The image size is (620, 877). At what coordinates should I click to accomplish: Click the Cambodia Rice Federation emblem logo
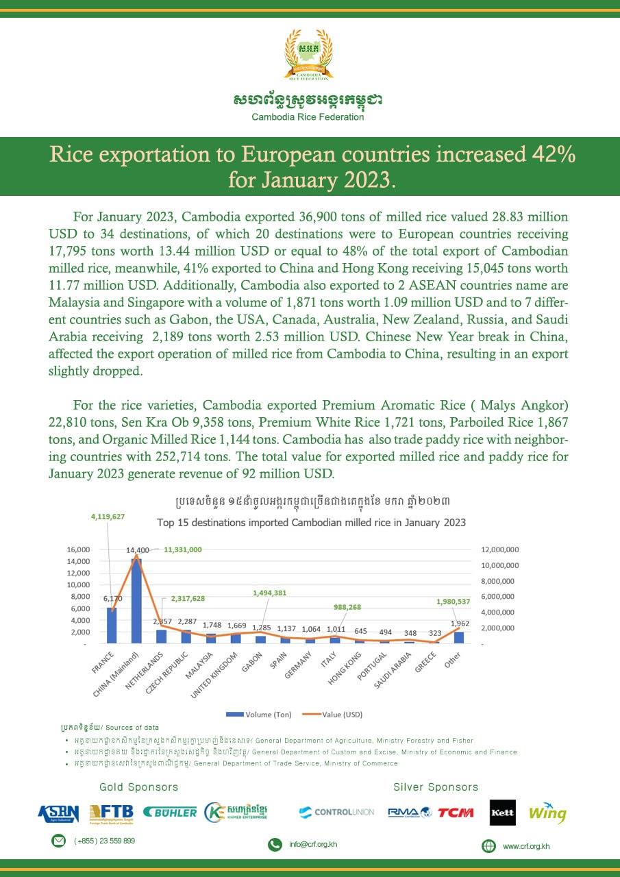(x=308, y=55)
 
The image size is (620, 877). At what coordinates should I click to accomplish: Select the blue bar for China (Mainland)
(x=136, y=601)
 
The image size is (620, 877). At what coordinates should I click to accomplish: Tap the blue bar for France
(x=112, y=625)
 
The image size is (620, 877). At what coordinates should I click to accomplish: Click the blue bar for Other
(x=458, y=637)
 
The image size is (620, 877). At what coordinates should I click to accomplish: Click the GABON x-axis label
(x=251, y=663)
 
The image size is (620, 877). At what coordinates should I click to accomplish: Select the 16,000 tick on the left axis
(x=78, y=549)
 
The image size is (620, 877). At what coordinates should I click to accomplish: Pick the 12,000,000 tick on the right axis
(x=499, y=549)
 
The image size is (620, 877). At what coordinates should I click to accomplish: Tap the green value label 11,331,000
(x=182, y=549)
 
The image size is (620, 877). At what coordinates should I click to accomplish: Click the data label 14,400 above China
(x=137, y=550)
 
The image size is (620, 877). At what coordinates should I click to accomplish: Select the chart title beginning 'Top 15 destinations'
(x=311, y=522)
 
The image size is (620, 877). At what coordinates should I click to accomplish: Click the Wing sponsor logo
(x=547, y=813)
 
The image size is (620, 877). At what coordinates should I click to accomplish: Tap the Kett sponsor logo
(x=503, y=813)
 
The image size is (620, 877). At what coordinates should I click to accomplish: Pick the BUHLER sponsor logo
(x=170, y=813)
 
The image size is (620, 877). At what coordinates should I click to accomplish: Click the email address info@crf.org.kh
(x=313, y=844)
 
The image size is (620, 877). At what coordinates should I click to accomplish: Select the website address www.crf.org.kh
(x=525, y=846)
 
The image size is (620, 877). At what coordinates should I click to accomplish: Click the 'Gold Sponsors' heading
(x=138, y=787)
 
